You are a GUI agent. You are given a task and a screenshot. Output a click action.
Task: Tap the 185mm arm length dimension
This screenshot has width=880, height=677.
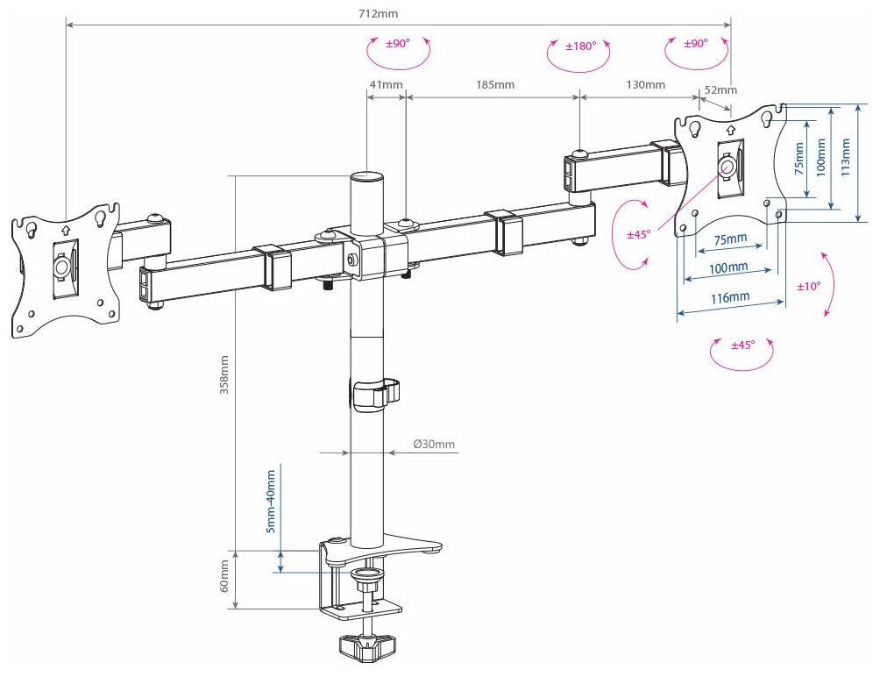point(495,85)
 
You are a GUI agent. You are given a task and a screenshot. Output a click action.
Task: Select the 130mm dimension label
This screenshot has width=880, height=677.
point(647,85)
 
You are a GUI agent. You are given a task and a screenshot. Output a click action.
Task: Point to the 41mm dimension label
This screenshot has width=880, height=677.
point(386,85)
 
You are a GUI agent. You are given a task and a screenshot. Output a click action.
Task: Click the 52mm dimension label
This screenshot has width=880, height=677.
point(720,89)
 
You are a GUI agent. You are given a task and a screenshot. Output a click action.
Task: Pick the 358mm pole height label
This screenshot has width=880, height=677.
point(225,376)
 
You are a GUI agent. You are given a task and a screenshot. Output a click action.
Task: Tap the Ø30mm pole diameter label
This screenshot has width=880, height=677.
point(435,444)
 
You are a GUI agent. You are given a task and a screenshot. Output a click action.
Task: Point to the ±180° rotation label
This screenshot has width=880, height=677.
point(580,46)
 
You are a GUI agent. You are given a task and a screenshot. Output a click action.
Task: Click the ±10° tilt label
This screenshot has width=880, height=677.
point(809,286)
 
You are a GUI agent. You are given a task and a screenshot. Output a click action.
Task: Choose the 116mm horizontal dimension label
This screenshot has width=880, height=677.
point(730,297)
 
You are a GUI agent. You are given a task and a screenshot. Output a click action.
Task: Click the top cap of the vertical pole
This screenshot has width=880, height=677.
point(368,177)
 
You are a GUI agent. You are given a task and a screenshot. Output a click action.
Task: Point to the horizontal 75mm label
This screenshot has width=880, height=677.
point(729,239)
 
